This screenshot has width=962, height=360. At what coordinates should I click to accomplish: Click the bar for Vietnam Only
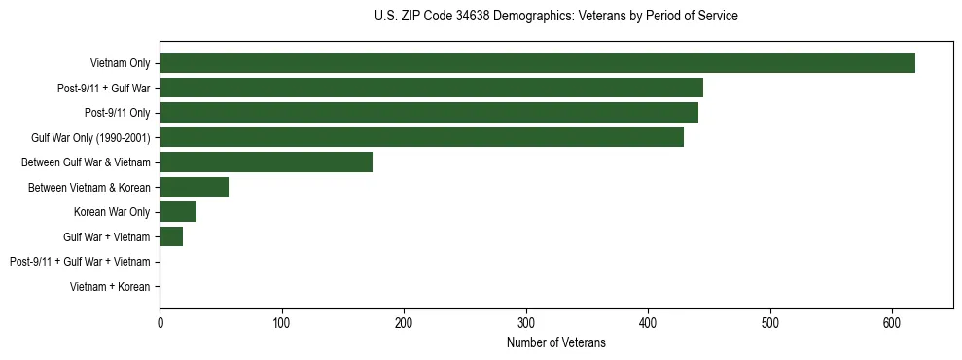point(537,63)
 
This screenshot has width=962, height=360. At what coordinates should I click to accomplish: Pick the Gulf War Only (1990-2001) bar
point(421,137)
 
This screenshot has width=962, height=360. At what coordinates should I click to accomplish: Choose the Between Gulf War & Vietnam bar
point(266,162)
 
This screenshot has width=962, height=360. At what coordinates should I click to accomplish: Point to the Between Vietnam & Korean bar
point(194,187)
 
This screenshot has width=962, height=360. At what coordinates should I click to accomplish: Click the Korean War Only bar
point(178,212)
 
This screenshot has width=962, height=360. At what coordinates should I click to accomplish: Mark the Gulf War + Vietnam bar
point(171,236)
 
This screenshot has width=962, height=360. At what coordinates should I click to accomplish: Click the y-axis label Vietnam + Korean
point(110,287)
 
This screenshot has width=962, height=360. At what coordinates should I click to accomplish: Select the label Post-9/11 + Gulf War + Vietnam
point(80,262)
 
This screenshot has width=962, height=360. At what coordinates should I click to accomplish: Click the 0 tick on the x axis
point(160,322)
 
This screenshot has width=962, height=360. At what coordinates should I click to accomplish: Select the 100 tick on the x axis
point(282,322)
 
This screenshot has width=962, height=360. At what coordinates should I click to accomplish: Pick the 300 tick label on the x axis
point(526,322)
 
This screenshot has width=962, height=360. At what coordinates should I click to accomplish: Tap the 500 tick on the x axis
point(770,322)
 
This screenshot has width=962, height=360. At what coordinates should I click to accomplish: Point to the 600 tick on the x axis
point(892,322)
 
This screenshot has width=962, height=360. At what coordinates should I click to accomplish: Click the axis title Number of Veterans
point(555,342)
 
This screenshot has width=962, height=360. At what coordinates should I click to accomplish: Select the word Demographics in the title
point(528,17)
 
